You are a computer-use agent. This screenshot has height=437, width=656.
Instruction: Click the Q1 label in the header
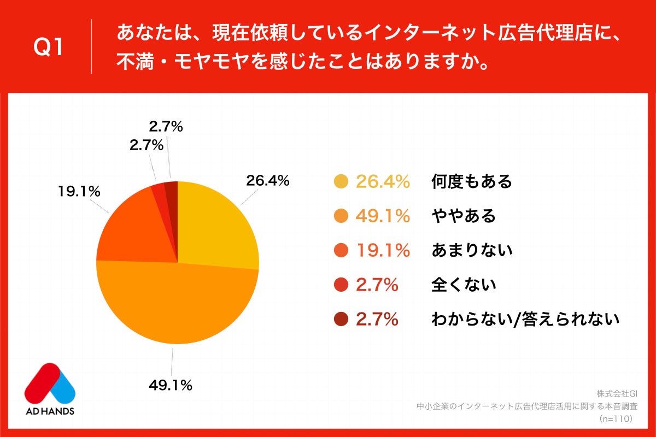(49, 47)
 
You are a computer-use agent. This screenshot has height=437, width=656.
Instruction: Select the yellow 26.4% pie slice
(216, 229)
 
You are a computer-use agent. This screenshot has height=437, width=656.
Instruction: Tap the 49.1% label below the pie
(170, 385)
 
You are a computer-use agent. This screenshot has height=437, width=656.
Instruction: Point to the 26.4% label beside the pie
(267, 180)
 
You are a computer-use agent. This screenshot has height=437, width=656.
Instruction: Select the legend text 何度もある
(471, 181)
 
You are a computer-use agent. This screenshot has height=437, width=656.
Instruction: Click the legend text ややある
(463, 216)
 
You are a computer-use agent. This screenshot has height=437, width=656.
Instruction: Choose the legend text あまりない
(471, 250)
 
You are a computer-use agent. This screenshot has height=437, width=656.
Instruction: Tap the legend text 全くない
(463, 285)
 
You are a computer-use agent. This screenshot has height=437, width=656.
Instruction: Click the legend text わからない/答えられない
(525, 319)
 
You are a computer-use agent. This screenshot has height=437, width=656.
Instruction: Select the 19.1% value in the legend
(383, 250)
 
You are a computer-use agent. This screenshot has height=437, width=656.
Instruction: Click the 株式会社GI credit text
(617, 394)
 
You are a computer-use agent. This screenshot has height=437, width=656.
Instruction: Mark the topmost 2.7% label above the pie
(166, 127)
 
